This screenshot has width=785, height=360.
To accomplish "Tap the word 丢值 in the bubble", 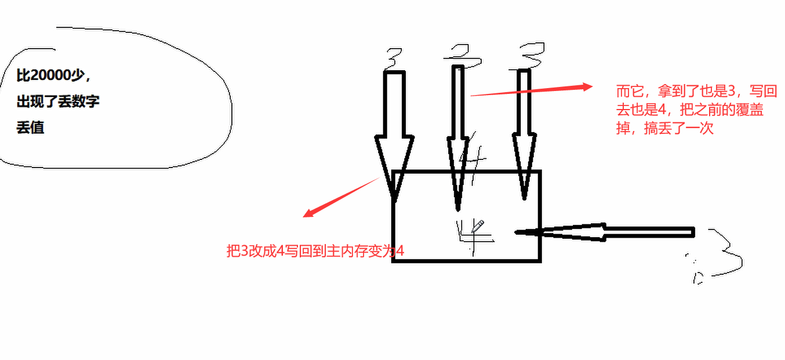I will tap(30, 128).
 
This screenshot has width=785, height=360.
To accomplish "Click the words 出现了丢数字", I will tap(58, 102).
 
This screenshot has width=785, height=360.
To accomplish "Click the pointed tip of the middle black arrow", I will tap(458, 207).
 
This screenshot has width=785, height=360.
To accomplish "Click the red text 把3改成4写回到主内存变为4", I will tap(315, 251).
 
